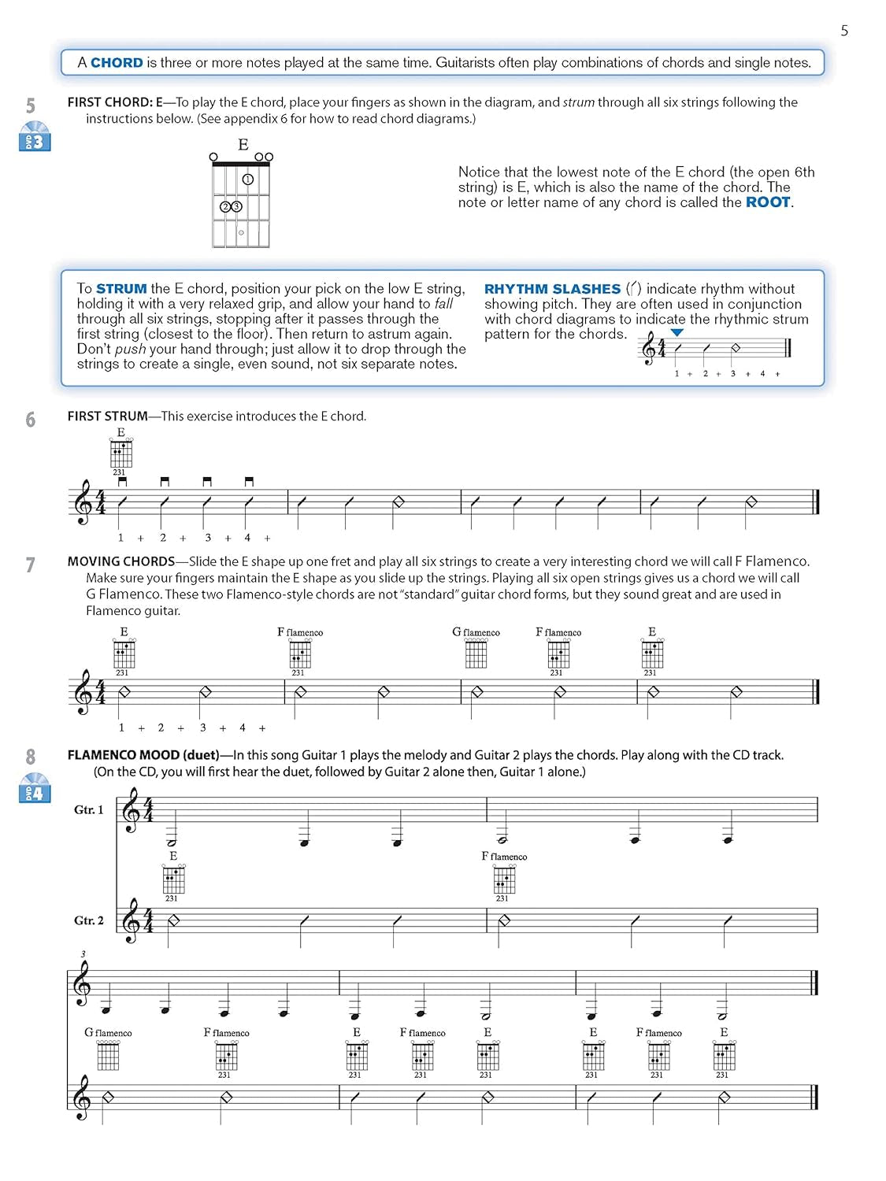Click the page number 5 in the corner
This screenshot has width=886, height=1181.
844,31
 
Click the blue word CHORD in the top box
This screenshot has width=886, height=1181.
117,63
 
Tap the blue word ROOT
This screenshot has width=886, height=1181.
767,202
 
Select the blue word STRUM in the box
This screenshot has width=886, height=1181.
121,289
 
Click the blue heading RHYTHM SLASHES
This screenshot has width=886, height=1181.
552,289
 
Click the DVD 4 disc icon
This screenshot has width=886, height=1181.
34,788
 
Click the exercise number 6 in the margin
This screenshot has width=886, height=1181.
31,419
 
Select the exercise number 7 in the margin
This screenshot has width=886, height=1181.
31,565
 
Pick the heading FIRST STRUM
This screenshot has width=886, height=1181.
107,416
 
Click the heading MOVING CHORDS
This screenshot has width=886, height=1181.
120,561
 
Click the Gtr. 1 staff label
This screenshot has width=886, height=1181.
88,809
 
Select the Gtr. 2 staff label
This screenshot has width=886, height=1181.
88,920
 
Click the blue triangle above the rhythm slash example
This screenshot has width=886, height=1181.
677,333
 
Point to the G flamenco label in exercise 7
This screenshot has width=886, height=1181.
476,632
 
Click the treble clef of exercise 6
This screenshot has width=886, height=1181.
83,502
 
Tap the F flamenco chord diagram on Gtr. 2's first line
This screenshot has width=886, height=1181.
504,879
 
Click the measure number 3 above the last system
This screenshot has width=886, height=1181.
83,955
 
